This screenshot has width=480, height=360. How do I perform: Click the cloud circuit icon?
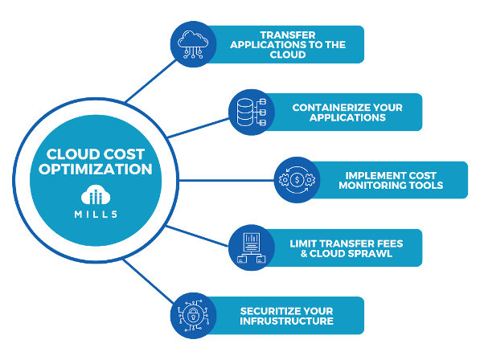pos(193,44)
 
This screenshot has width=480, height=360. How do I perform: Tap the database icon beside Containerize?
pos(252,112)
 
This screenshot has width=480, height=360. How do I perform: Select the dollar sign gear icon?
pos(297,180)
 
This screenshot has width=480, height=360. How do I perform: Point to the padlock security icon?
pos(193,315)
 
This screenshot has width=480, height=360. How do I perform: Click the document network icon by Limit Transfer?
pos(252,247)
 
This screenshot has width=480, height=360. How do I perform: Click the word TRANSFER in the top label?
pos(288,35)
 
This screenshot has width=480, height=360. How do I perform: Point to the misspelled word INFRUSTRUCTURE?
pos(286,321)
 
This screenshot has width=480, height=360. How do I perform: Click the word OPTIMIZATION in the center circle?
pos(96,169)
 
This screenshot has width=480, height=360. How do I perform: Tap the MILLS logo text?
pos(96,214)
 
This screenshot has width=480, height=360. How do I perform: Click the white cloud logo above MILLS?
pos(96,194)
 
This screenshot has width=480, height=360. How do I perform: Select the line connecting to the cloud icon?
pos(151,81)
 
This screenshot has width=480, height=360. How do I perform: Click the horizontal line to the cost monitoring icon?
pos(226,180)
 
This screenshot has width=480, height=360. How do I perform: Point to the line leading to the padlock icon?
pos(148,281)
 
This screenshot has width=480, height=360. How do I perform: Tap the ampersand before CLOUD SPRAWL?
pos(304,254)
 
